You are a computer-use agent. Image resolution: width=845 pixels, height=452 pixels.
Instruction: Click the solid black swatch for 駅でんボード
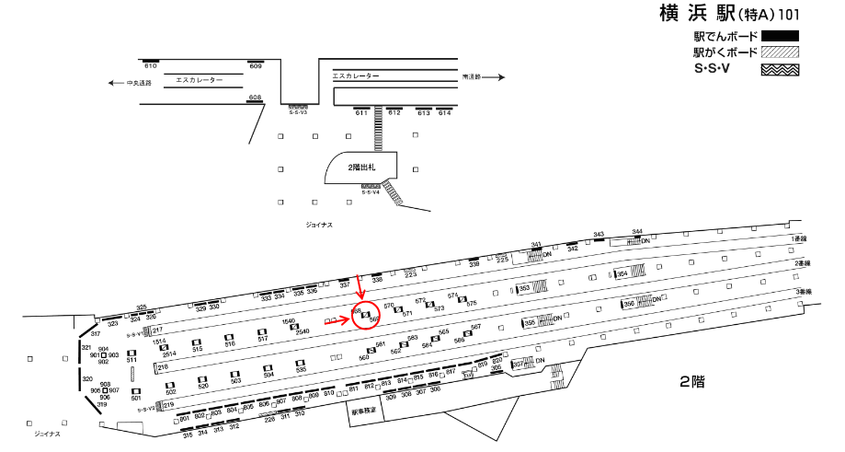coord(779,37)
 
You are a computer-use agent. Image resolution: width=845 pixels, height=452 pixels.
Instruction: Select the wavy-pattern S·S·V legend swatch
coord(779,69)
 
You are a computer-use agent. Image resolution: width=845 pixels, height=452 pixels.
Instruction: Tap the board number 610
coord(151,66)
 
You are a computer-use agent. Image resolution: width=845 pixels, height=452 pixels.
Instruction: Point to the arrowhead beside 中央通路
coord(109,82)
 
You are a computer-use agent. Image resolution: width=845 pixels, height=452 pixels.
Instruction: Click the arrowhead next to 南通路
coord(502,77)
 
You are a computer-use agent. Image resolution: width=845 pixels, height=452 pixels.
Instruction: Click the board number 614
coord(445,113)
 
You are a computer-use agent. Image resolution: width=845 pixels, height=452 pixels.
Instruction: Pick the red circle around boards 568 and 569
coord(367,316)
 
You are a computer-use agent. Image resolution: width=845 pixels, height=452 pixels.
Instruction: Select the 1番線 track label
coord(799,238)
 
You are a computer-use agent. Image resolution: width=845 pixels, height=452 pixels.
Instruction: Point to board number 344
coord(637,232)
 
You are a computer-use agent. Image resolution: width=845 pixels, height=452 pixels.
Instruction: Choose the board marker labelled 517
coord(262,339)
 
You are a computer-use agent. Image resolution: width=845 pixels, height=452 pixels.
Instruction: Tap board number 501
coord(136,398)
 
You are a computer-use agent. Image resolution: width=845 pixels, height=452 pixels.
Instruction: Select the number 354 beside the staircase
coord(622,273)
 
